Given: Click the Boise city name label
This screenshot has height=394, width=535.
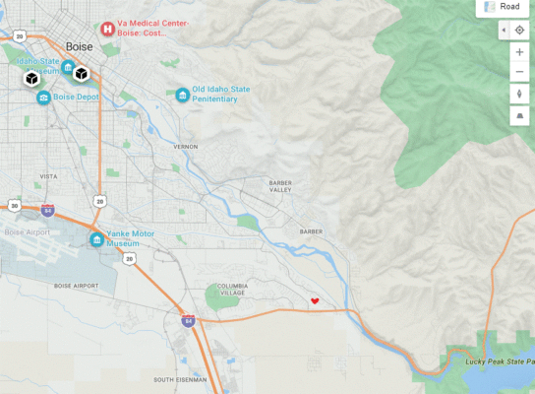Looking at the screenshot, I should tap(79, 46).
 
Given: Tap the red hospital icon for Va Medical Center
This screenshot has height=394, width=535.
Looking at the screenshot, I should tap(107, 28).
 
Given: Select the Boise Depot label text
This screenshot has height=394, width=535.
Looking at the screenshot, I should tap(77, 97).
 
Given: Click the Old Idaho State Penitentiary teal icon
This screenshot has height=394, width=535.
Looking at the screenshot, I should tap(182, 95).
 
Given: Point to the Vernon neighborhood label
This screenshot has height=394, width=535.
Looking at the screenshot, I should tap(185, 146).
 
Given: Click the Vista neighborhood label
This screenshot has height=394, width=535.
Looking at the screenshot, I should tap(47, 176).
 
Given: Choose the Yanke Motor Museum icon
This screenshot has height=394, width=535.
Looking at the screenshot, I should tap(96, 239).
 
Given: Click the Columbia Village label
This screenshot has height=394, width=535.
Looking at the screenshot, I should tap(233, 290).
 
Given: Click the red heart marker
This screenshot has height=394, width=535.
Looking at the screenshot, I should tap(315, 300).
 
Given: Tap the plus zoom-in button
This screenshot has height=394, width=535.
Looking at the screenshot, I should tap(519, 51).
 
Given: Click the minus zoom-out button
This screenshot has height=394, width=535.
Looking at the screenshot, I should tap(519, 72).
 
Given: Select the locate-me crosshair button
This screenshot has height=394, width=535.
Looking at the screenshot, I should tap(519, 30).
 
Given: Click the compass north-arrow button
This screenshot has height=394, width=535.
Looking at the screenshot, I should tap(519, 94).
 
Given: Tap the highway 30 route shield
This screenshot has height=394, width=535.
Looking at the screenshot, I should tap(14, 205).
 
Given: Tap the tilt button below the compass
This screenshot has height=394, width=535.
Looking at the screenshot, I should tap(519, 115).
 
